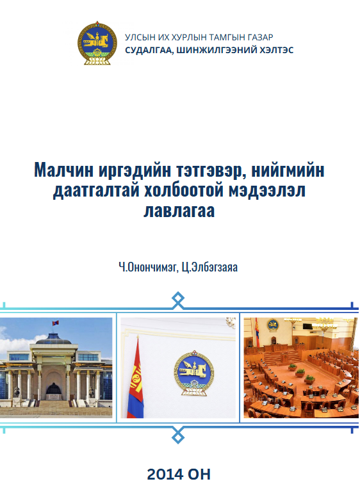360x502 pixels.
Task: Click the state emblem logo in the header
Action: point(97,44)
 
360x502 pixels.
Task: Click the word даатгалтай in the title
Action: point(96,191)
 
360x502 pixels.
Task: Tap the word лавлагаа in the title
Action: point(179,211)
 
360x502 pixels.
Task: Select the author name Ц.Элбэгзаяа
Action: point(209,267)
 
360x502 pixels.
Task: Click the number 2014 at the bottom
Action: point(165,474)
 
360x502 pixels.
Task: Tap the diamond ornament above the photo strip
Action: point(178,300)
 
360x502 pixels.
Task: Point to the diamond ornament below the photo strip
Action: point(178,435)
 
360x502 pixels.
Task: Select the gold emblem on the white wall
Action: point(194,373)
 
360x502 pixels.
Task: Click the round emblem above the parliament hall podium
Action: point(273,325)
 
